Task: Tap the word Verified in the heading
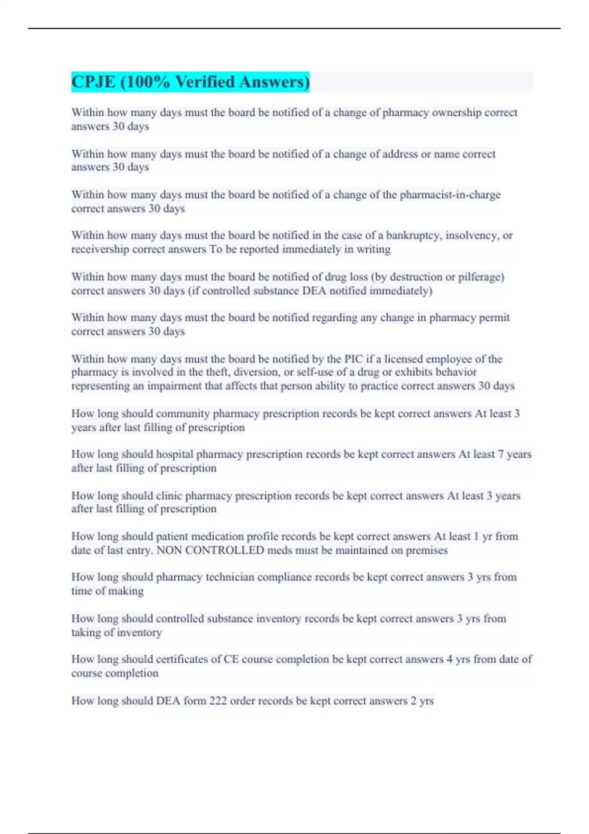[x=205, y=82]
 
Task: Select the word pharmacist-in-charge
[x=450, y=195]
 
